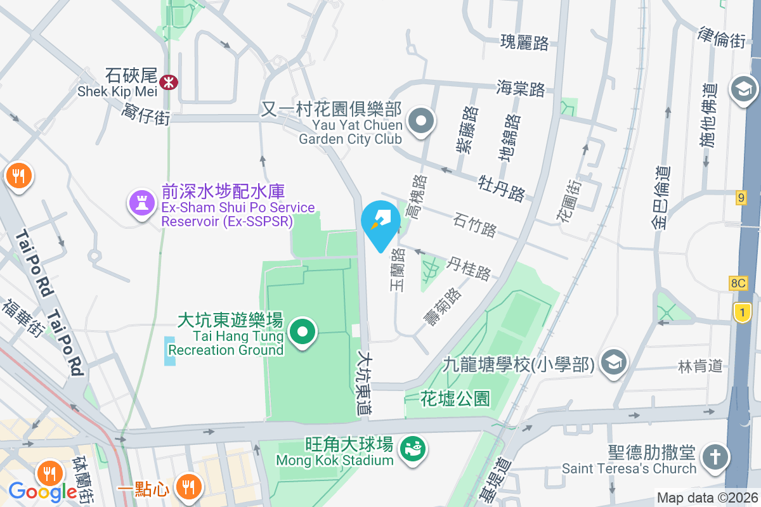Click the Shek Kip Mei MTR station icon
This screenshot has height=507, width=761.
click(x=169, y=82)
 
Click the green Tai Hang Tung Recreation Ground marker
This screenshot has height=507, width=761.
click(x=303, y=331)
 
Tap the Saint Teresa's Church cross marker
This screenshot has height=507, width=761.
click(x=715, y=457)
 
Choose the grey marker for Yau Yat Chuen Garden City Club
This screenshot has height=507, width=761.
click(x=420, y=121)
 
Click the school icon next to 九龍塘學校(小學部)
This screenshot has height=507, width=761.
click(x=613, y=362)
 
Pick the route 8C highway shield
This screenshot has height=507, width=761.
click(x=738, y=283)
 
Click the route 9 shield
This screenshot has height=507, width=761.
click(x=741, y=198)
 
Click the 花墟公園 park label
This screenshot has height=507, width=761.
click(x=455, y=399)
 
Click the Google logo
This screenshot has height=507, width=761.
click(x=42, y=491)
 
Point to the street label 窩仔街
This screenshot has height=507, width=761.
click(x=146, y=115)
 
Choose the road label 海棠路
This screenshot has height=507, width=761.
click(x=521, y=88)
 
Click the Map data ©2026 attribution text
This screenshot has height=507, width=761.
click(x=706, y=498)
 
